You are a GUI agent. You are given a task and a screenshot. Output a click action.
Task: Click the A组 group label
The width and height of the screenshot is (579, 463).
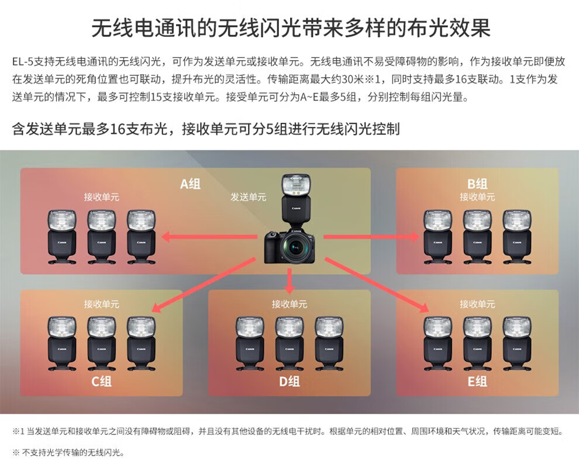(190, 184)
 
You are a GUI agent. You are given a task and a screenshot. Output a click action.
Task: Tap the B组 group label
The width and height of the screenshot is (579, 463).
(477, 184)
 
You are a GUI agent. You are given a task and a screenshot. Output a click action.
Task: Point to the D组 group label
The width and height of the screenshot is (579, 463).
(289, 382)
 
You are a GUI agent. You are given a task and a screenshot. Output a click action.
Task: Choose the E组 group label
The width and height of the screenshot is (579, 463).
(477, 382)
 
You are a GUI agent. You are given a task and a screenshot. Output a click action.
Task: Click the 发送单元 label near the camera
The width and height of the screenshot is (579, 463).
(248, 197)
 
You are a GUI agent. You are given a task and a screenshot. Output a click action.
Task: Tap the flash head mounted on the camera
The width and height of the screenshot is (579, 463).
(295, 186)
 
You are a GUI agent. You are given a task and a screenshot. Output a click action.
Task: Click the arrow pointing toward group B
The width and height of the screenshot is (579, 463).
(372, 237)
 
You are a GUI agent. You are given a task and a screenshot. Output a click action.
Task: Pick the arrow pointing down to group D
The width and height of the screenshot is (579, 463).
(289, 281)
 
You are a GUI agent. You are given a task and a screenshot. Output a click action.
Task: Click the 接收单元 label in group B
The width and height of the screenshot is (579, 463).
(477, 197)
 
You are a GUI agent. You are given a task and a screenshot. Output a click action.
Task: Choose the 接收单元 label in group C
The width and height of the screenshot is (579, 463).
(101, 304)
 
